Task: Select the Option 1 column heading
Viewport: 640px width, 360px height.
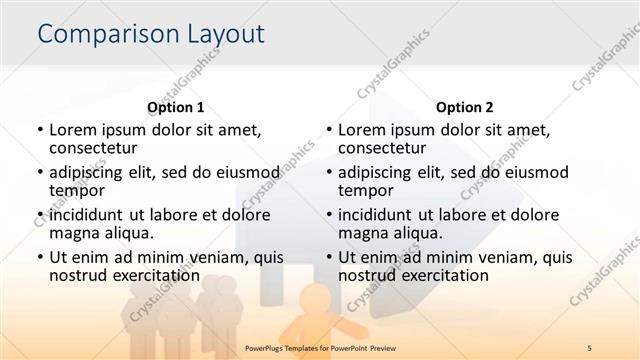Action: click(175, 107)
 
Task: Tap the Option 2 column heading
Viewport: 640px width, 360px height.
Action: click(463, 107)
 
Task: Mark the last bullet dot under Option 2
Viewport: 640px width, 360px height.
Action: click(328, 257)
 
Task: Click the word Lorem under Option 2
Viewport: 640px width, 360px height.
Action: click(362, 130)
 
